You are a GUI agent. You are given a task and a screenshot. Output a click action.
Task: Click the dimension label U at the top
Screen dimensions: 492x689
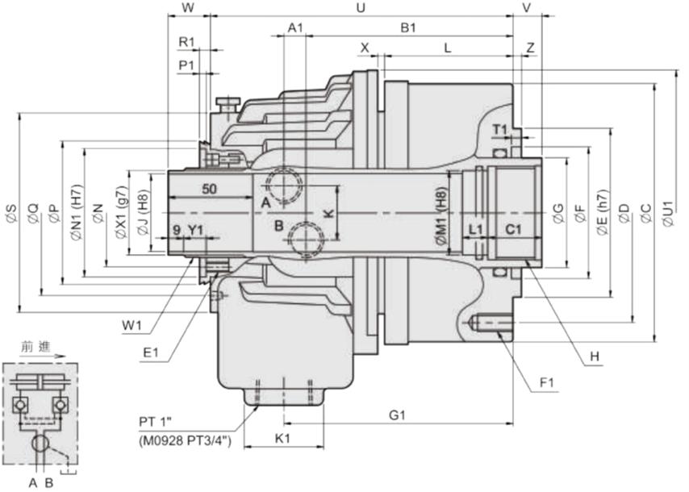361,7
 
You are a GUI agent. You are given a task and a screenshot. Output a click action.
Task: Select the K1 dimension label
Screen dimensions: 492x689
282,440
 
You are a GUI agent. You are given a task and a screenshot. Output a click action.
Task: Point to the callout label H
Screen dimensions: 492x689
594,356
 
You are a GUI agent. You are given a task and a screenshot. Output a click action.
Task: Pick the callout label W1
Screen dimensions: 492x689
132,326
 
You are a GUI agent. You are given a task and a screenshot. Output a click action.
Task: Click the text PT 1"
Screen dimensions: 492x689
161,422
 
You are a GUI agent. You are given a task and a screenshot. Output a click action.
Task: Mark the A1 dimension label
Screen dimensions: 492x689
295,28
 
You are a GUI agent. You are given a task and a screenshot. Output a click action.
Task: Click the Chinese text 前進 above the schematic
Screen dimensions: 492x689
34,347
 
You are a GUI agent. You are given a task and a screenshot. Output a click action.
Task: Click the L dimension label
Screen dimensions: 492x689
448,48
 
